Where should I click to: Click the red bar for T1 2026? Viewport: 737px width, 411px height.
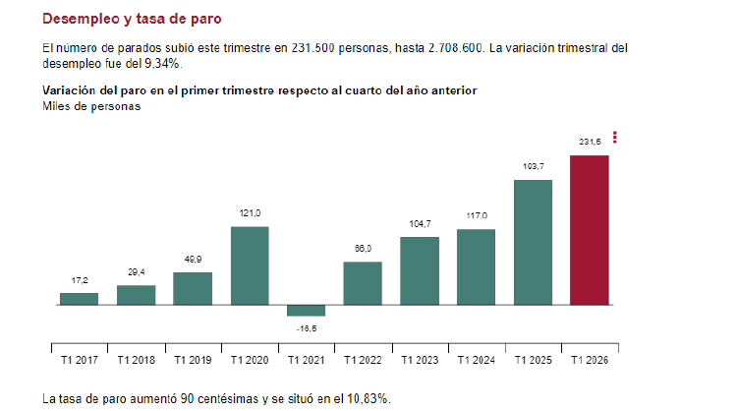point(590,230)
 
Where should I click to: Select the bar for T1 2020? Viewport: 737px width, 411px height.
point(250,265)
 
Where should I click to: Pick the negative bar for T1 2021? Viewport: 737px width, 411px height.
point(306,310)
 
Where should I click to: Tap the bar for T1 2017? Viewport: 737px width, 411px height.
point(80,299)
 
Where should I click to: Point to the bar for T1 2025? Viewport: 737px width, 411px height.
point(533,242)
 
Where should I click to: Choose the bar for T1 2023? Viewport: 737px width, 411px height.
point(420,270)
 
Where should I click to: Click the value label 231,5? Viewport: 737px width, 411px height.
point(590,144)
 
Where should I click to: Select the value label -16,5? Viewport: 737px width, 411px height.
point(306,328)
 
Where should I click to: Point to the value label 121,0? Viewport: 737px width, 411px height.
point(250,213)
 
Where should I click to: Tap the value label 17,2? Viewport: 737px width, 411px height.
point(80,280)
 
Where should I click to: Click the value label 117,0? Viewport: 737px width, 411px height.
point(476,215)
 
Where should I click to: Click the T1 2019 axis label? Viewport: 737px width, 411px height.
point(193,362)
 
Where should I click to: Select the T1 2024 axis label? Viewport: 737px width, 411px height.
point(476,362)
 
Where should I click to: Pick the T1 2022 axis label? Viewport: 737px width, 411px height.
point(363,362)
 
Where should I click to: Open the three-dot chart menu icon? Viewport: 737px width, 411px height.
point(615,137)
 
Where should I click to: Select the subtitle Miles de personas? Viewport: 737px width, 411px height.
point(91,107)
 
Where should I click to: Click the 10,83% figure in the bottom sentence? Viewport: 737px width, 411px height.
point(367,398)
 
